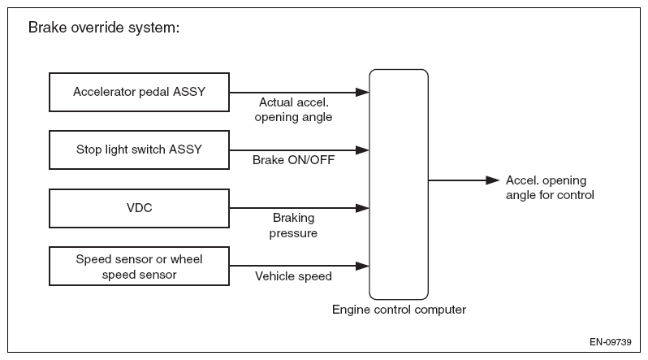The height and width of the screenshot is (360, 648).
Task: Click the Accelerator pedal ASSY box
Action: click(140, 93)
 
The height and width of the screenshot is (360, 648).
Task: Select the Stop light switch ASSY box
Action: click(140, 150)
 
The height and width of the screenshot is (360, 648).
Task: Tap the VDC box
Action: click(140, 208)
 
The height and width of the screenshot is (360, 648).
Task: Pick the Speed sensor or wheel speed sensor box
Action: click(140, 266)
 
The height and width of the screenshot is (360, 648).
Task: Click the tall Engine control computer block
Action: click(399, 184)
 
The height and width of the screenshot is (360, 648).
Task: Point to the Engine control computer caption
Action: click(399, 310)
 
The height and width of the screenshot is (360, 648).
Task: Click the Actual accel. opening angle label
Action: click(293, 110)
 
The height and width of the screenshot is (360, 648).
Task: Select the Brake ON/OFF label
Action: click(293, 160)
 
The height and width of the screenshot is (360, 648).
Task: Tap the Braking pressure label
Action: click(293, 226)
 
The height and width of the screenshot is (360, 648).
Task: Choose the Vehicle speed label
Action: click(293, 276)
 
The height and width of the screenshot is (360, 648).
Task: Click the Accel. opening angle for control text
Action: click(550, 188)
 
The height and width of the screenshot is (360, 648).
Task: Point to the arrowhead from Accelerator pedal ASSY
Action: click(362, 93)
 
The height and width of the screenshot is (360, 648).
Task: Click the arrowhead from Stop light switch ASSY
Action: click(362, 150)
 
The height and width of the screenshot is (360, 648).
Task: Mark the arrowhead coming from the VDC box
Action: click(362, 208)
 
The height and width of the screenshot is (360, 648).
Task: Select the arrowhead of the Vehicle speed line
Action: click(362, 266)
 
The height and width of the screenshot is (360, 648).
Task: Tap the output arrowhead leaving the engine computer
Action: click(493, 180)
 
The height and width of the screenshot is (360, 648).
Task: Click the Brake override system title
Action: click(104, 28)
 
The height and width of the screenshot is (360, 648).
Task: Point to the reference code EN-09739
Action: click(611, 342)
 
